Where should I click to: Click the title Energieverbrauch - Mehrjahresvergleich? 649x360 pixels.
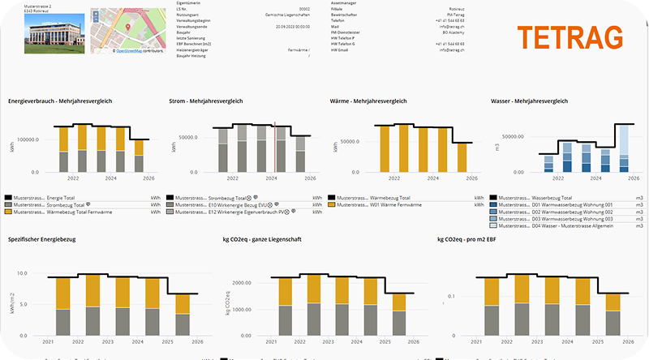click(x=60, y=101)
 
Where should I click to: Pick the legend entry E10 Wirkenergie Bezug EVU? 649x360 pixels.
click(x=232, y=204)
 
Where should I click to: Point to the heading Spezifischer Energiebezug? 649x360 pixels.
click(x=47, y=240)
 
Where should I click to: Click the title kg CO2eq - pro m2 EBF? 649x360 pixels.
click(x=473, y=240)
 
